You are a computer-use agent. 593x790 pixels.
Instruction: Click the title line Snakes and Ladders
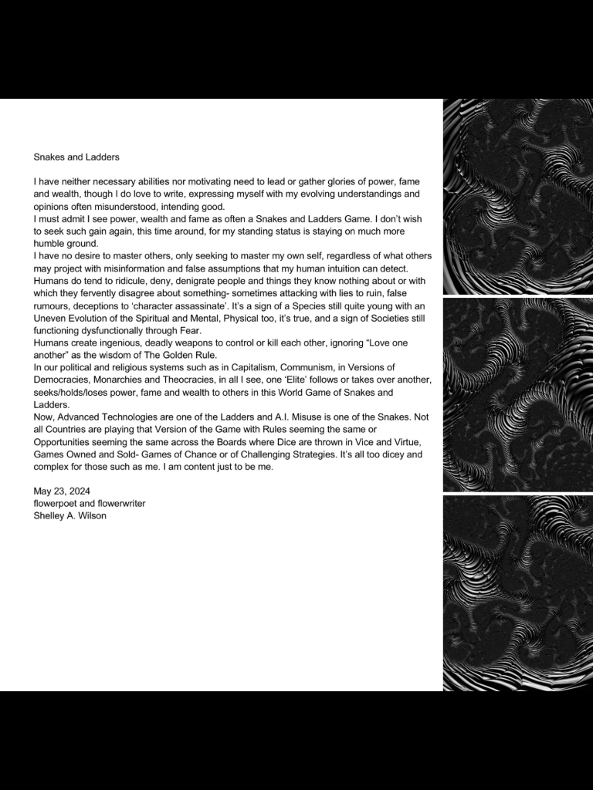coord(76,157)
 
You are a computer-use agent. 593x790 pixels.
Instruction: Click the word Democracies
coord(59,380)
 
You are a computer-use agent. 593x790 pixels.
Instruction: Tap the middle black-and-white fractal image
coord(517,395)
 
